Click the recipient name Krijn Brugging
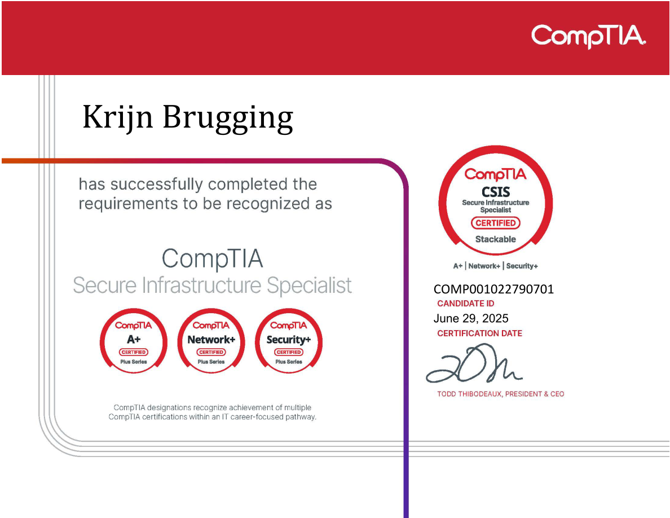[x=188, y=117]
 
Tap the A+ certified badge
[x=134, y=341]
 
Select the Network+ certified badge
[x=211, y=341]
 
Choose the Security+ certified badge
[x=289, y=341]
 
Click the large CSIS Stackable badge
[x=495, y=201]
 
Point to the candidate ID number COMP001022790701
[x=493, y=289]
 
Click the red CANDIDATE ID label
[x=465, y=304]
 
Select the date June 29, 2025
[x=471, y=319]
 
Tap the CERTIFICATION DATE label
[x=479, y=333]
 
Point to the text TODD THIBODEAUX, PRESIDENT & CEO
[x=500, y=394]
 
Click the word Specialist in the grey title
[x=309, y=286]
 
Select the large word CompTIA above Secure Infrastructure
[x=212, y=259]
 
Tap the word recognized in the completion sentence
[x=267, y=204]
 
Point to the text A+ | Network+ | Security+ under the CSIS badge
[x=495, y=266]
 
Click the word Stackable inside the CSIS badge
[x=495, y=239]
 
